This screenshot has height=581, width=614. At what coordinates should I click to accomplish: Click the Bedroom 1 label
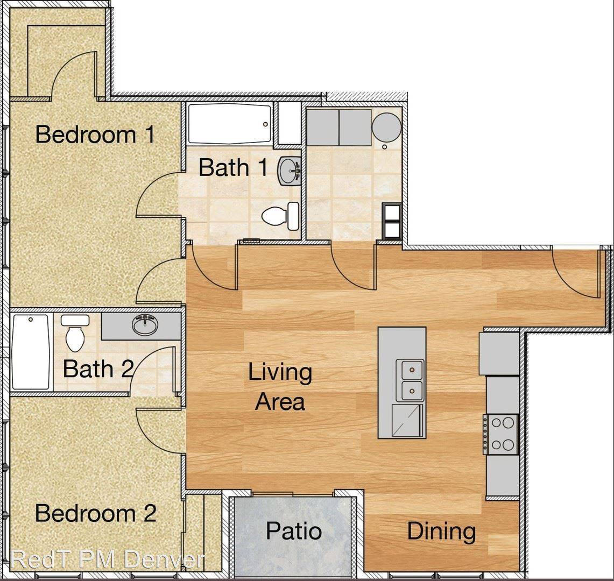95,134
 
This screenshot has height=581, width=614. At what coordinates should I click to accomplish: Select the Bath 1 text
234,167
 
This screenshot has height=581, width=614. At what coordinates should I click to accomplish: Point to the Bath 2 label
98,369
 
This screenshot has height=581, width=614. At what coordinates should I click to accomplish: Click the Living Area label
280,387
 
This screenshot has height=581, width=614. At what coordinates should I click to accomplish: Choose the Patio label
294,532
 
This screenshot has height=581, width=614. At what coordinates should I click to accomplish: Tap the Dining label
441,532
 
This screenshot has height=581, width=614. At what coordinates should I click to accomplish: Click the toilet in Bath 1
280,216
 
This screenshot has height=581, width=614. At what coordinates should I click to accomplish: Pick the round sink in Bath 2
145,324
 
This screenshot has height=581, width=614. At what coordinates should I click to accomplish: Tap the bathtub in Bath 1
229,124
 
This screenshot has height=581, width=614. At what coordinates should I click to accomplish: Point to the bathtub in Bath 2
31,352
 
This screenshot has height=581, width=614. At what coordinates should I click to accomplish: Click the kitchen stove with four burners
501,434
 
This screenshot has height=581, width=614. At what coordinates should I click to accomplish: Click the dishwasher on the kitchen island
408,421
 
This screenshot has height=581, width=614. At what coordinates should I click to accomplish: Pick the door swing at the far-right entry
576,273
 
